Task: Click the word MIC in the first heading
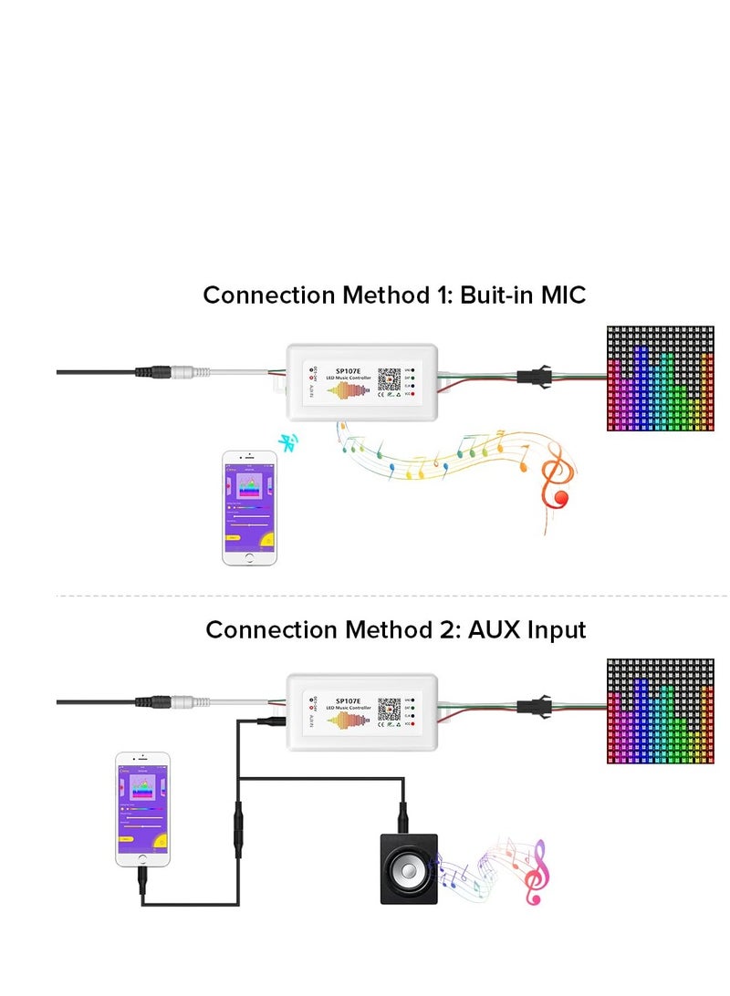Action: (x=558, y=296)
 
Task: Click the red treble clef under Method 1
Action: (x=553, y=483)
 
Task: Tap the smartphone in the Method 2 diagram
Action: (x=142, y=809)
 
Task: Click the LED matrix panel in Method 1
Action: (x=661, y=379)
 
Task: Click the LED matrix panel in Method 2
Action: (x=661, y=711)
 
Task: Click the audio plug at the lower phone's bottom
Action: (x=143, y=883)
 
